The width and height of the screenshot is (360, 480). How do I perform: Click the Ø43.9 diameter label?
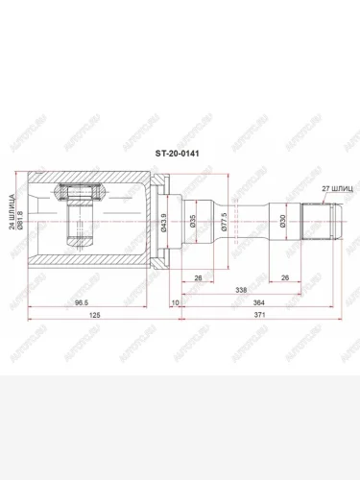(x=166, y=228)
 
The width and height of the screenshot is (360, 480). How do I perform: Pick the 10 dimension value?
(x=174, y=303)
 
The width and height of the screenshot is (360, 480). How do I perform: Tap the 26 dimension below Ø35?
(x=197, y=279)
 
